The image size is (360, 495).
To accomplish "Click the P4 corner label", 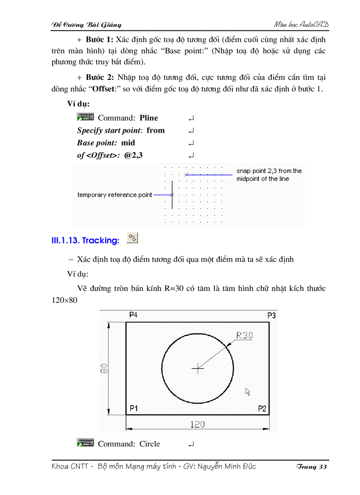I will [133, 315].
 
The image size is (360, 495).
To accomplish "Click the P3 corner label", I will [272, 315].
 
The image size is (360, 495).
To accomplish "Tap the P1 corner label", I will [133, 409].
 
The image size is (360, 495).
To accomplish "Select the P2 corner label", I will [262, 409].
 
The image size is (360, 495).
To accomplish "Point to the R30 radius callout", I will [244, 335].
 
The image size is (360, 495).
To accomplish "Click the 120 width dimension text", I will [197, 424].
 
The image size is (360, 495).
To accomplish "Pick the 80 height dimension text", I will [103, 368].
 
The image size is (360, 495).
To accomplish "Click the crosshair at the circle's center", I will [198, 368].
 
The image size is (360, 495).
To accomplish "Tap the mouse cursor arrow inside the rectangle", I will [248, 391].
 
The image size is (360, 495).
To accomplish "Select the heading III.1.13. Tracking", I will [86, 240].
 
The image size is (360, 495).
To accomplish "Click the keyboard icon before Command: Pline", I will [85, 117].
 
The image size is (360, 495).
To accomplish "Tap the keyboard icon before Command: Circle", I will [85, 443].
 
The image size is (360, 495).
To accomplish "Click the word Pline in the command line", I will [149, 118].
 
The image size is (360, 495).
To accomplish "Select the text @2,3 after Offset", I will [134, 155].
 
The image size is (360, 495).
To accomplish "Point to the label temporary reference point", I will [115, 195].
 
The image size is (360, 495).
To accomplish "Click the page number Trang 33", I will [311, 467].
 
